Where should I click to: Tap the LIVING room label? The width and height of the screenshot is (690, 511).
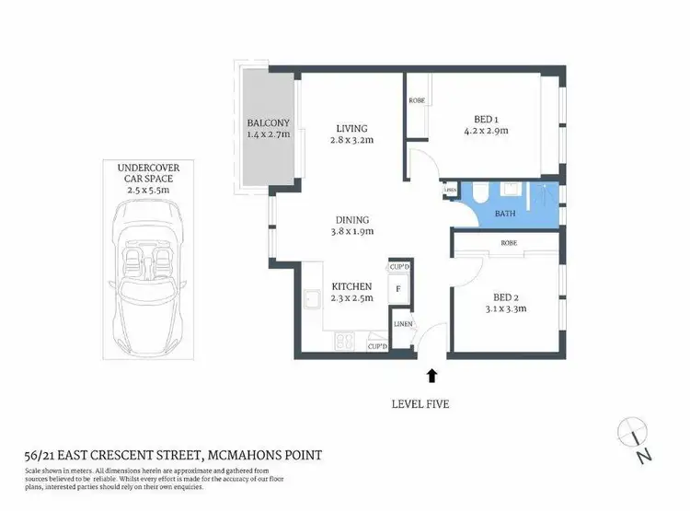pos(351,128)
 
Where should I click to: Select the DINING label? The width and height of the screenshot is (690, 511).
pos(351,220)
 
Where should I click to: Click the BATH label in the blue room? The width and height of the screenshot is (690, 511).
pos(505,214)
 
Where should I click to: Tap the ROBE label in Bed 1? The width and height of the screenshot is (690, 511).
pos(417,100)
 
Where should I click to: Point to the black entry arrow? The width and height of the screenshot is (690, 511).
pos(431,374)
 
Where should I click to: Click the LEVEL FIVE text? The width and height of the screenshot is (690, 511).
pos(431,403)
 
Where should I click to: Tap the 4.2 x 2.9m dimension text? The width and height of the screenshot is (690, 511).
pos(487,131)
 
